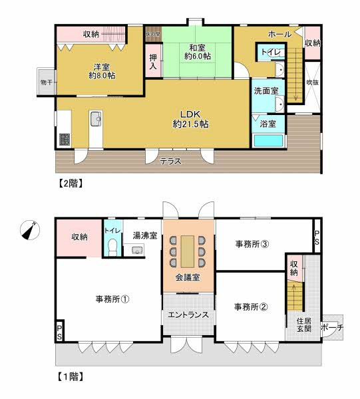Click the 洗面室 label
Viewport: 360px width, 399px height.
coord(264,90)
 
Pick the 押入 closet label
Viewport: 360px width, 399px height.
coord(153,63)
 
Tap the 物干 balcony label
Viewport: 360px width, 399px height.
coord(46,82)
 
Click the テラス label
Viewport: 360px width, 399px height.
coord(170,160)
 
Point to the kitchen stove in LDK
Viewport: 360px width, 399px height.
coord(65,139)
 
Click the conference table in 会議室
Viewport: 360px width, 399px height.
coord(189,249)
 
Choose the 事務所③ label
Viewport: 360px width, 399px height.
coord(252,244)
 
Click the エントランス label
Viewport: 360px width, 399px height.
coord(188,315)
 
